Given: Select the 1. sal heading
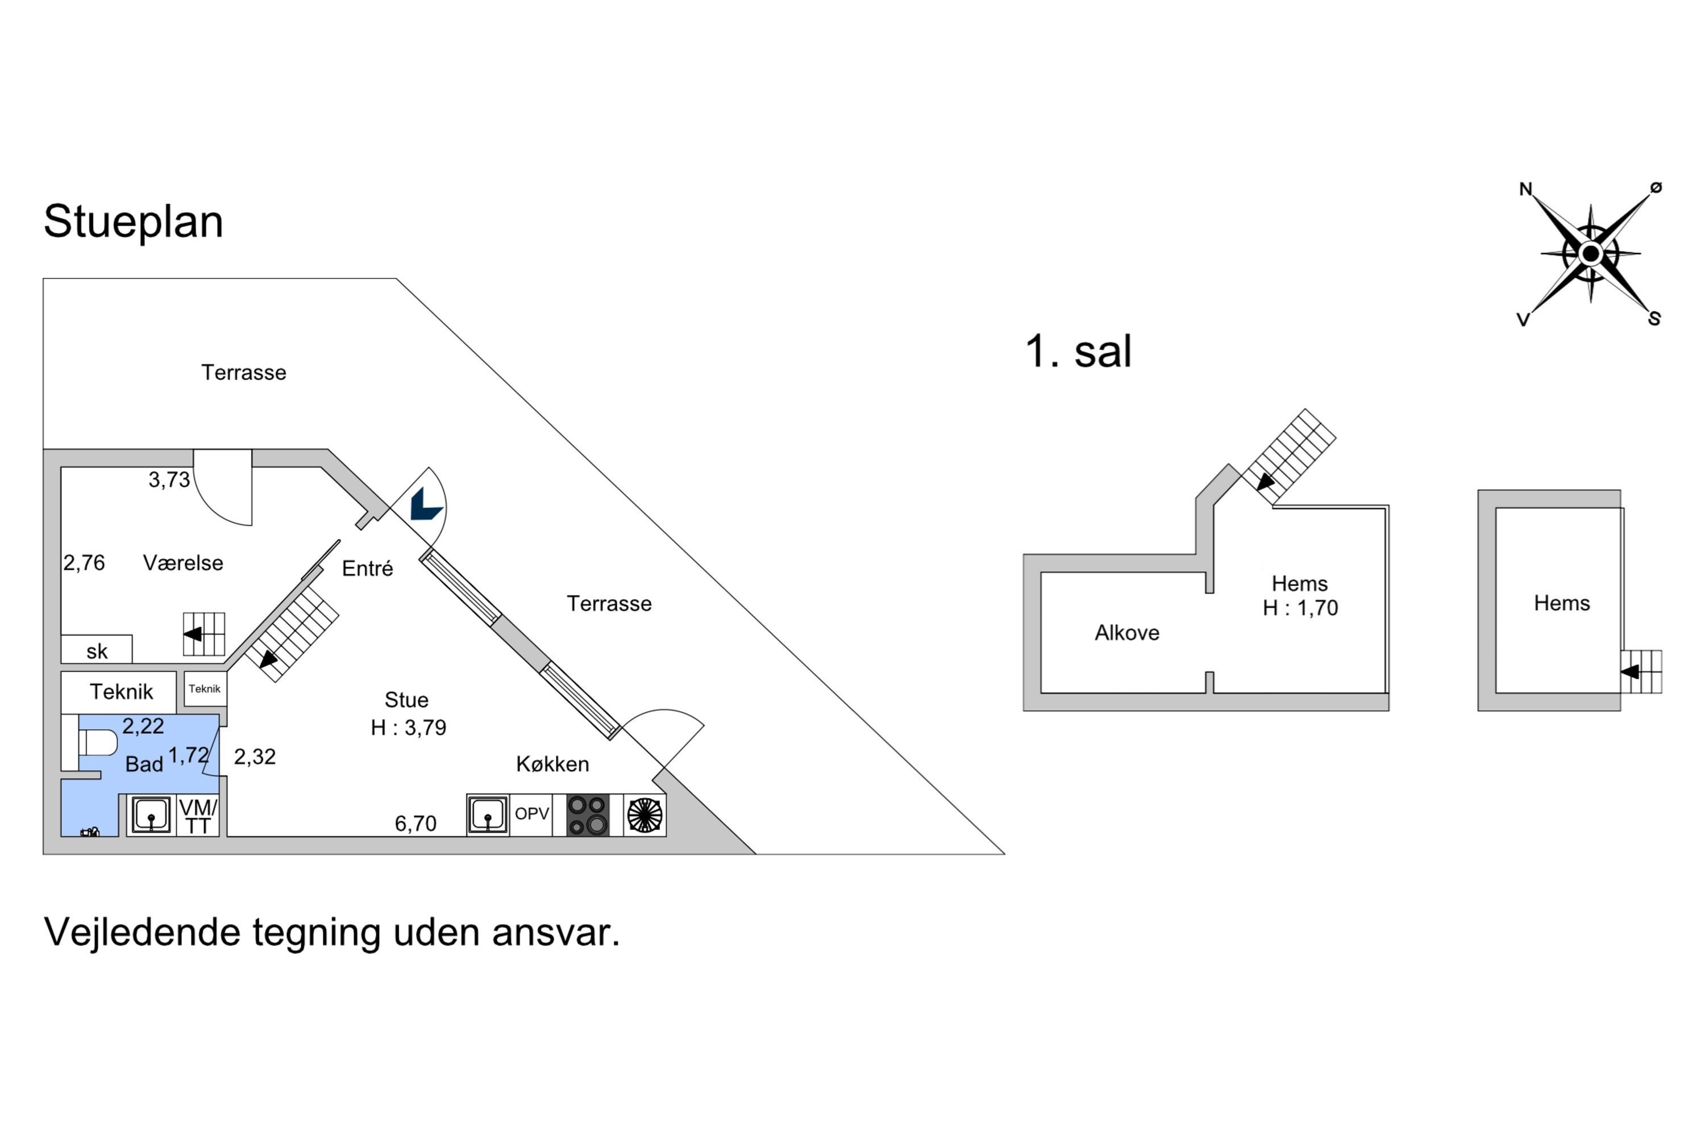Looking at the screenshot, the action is point(1078,352).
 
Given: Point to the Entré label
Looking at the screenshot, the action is point(368,569).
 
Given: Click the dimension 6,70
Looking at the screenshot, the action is point(415,824).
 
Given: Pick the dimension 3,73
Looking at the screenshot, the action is point(169,479).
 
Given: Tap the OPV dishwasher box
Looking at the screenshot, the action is point(531,815).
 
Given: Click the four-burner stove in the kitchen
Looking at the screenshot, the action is point(587,815).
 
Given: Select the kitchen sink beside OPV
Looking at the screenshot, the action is point(488,815).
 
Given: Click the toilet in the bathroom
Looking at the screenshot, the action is point(97,742).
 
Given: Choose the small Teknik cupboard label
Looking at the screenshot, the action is point(205,689).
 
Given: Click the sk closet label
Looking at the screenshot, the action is point(97,651).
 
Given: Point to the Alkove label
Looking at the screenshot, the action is point(1126,633).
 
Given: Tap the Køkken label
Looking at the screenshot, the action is point(552,765).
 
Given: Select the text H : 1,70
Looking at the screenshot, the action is point(1300,608).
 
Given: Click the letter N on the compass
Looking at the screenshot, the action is point(1525,189).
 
